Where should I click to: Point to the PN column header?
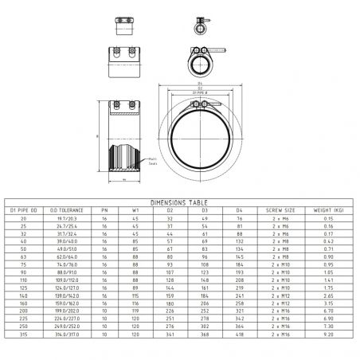pyautogui.click(x=104, y=209)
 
